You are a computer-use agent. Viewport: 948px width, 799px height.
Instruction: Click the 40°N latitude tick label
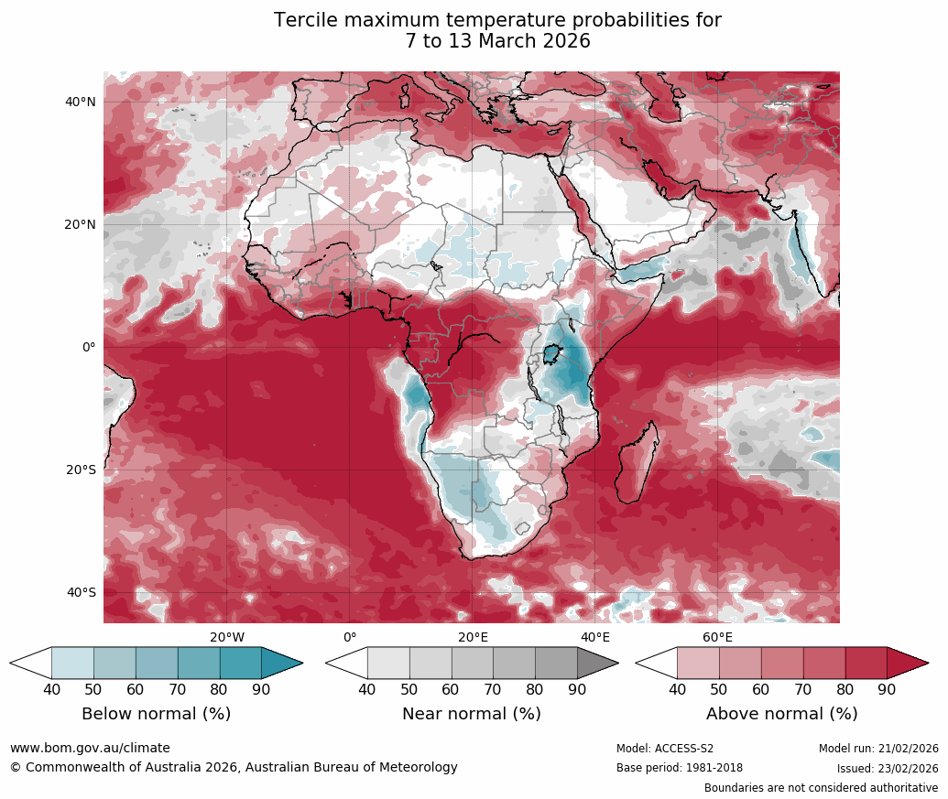click(x=81, y=103)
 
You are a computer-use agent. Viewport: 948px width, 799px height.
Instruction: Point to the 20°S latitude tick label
click(x=81, y=470)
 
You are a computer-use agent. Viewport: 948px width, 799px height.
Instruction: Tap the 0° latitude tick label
click(x=87, y=348)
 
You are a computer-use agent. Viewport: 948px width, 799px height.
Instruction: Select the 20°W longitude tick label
click(x=227, y=637)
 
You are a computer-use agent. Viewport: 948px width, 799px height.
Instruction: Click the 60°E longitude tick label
click(x=717, y=637)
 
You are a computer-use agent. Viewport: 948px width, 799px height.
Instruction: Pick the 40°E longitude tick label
click(x=595, y=637)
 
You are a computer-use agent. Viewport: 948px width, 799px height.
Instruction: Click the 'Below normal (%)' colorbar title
click(x=156, y=714)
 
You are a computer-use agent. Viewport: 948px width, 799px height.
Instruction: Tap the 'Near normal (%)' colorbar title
click(x=472, y=714)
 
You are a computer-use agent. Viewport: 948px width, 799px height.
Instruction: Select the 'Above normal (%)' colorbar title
click(x=781, y=714)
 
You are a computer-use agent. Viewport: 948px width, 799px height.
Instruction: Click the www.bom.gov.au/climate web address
click(x=90, y=748)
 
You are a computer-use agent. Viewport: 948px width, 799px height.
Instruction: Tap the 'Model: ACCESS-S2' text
click(x=665, y=749)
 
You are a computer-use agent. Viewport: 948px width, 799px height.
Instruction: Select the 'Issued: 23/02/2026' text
click(x=888, y=769)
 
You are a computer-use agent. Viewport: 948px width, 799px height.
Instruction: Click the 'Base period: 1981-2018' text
click(x=680, y=769)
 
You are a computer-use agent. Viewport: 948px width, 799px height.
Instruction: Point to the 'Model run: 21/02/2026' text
click(x=878, y=749)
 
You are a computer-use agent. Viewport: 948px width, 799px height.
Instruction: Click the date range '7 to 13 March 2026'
click(x=497, y=41)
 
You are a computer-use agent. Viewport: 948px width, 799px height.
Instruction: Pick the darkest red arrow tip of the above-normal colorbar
click(x=907, y=663)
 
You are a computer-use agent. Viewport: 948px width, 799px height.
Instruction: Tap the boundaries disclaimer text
click(x=821, y=788)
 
